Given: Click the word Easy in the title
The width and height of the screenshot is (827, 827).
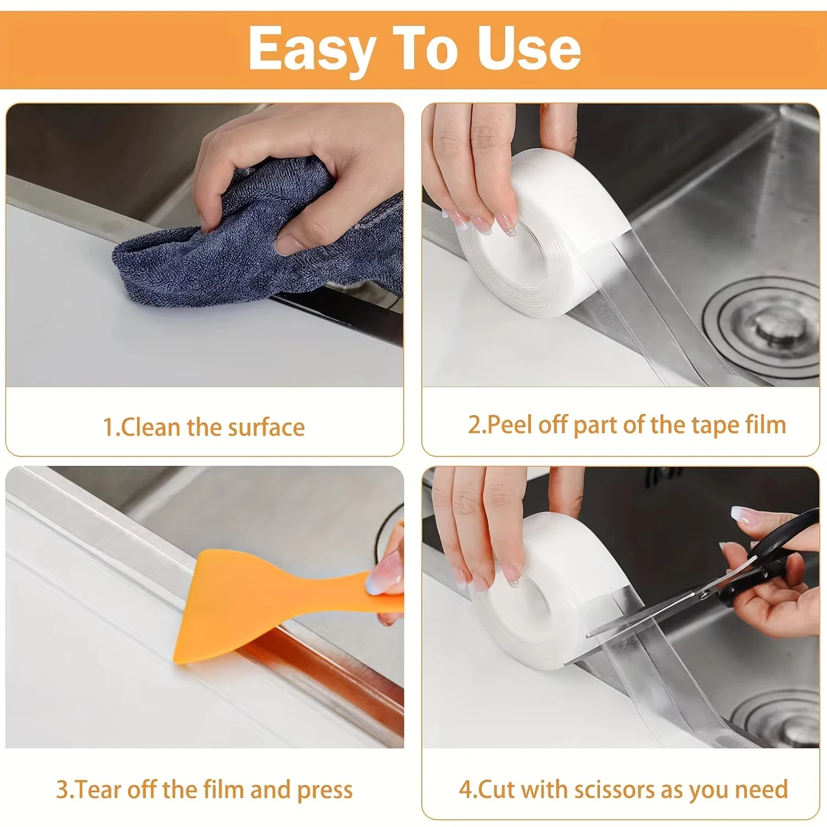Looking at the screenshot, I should pyautogui.click(x=312, y=50).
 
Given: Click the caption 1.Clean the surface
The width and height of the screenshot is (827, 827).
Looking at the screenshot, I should pyautogui.click(x=204, y=427).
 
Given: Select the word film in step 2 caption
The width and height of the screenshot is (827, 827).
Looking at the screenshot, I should pyautogui.click(x=766, y=425).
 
